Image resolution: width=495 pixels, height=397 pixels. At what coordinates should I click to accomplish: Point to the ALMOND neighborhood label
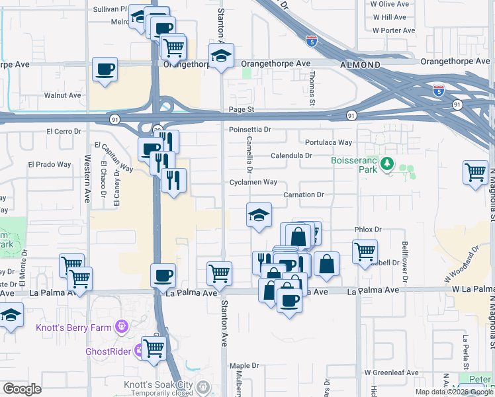360,65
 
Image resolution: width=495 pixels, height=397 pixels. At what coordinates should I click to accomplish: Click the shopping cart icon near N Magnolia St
475,172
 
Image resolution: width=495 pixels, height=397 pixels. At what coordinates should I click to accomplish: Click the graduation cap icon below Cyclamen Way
259,214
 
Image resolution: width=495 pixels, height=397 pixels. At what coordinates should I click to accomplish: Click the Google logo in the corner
22,389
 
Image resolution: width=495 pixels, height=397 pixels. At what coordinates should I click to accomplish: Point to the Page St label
242,109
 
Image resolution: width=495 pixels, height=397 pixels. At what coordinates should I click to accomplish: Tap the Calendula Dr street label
291,156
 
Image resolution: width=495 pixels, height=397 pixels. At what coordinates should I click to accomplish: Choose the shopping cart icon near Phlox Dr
365,251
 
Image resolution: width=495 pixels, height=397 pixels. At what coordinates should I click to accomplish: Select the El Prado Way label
49,164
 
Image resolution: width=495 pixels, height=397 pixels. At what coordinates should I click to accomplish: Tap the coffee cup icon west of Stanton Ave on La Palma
163,275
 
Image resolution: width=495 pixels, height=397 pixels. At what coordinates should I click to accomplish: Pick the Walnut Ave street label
62,95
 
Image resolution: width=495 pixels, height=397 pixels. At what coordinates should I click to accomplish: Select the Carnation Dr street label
303,195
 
